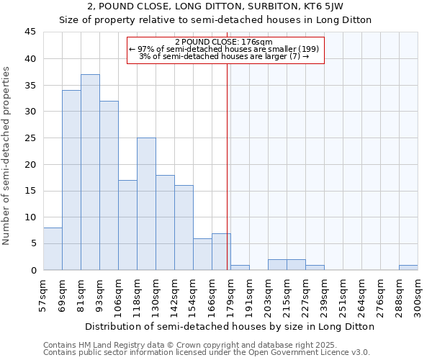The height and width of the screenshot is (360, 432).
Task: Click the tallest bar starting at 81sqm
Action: (x=90, y=172)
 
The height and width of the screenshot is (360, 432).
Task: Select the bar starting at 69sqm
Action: (x=71, y=180)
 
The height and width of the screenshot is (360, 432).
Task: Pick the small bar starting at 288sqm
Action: (x=408, y=267)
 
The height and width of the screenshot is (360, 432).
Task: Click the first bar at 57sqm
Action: (x=53, y=248)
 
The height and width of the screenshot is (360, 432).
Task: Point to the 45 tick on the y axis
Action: (x=31, y=32)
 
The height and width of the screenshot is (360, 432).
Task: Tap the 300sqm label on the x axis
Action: (x=418, y=295)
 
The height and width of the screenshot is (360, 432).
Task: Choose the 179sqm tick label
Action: (x=231, y=295)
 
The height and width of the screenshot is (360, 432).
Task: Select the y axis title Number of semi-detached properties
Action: (x=7, y=156)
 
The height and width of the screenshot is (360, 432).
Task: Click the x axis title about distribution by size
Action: (x=230, y=326)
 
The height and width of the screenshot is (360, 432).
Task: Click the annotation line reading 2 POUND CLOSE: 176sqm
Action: (x=224, y=42)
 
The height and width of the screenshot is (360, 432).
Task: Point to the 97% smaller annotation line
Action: (x=224, y=49)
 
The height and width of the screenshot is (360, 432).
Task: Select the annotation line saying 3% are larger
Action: (x=224, y=56)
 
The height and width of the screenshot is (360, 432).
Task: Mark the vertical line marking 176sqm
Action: (x=228, y=166)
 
